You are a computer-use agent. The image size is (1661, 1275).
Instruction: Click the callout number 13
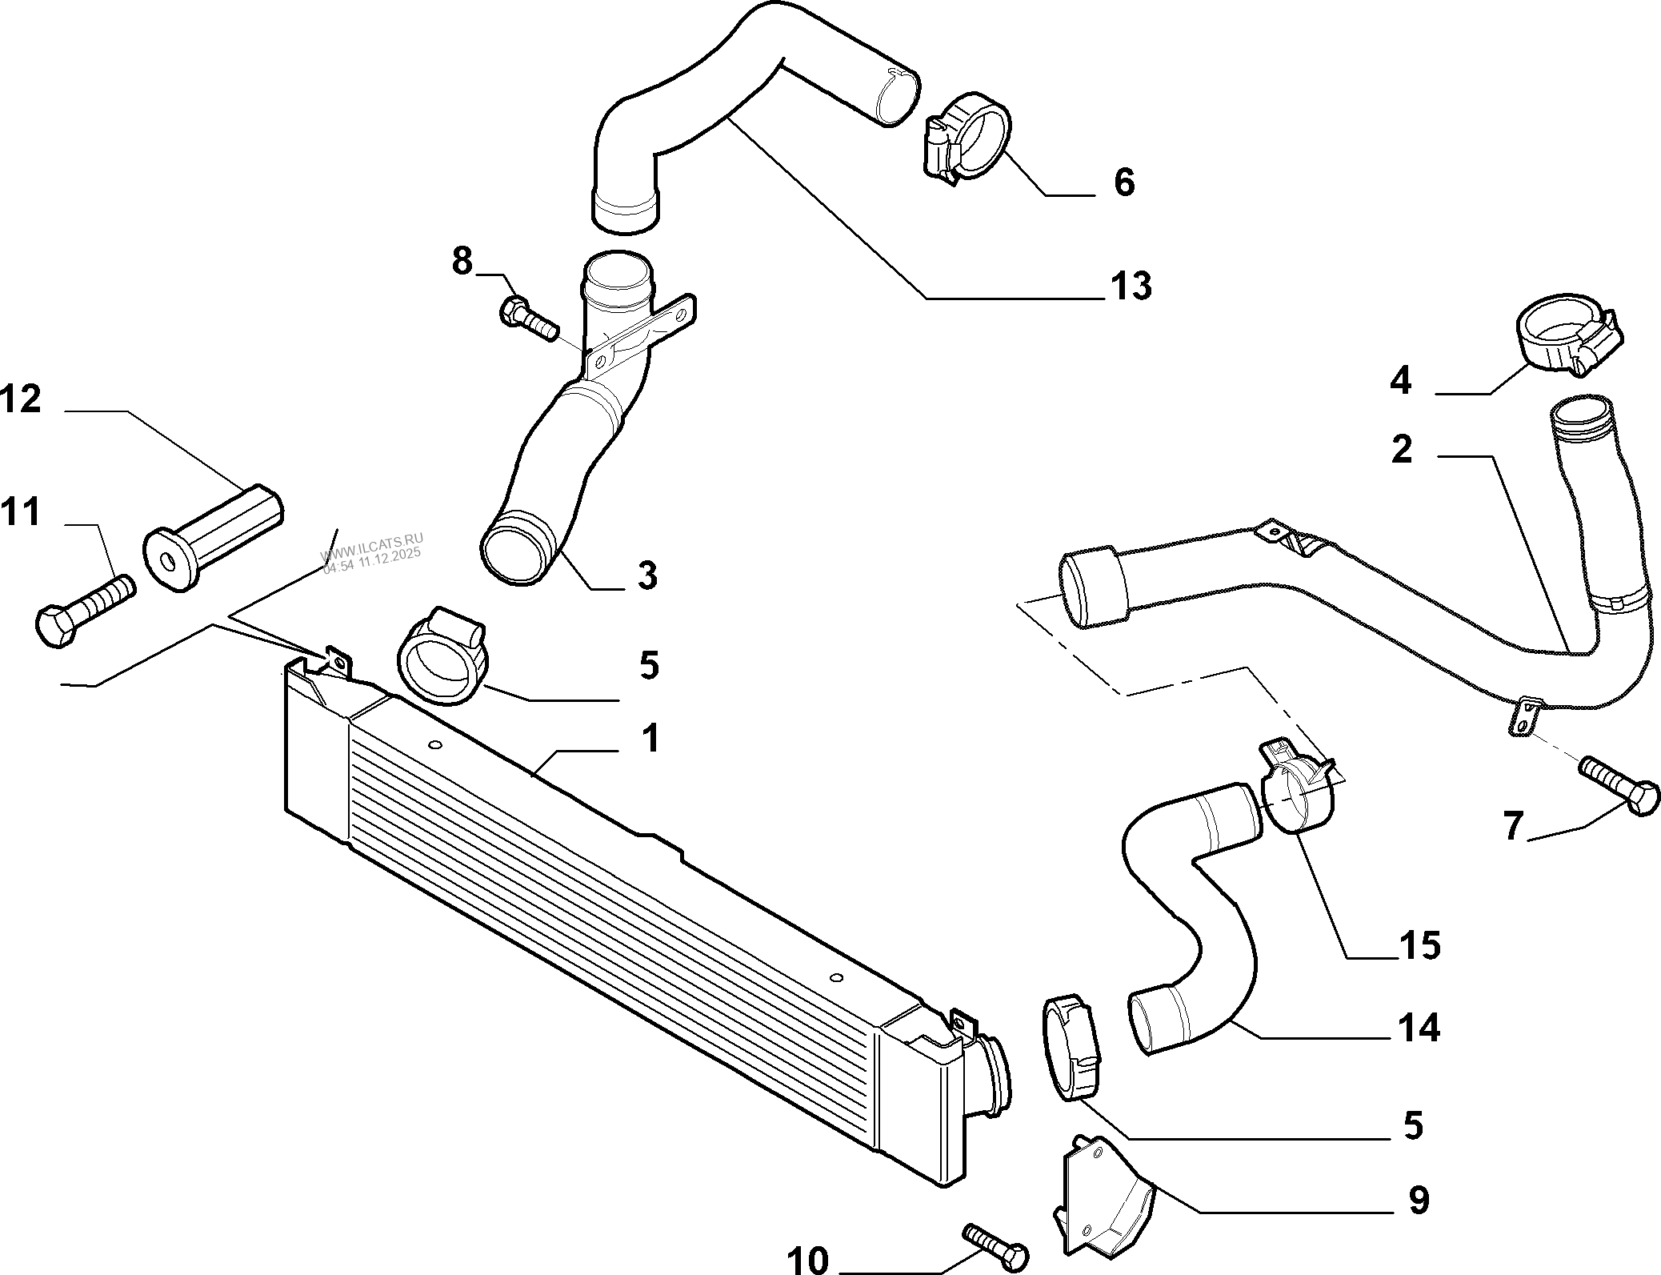point(1131,285)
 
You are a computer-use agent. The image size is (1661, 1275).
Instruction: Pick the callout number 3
point(646,575)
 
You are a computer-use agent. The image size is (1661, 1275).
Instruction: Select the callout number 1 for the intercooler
point(650,738)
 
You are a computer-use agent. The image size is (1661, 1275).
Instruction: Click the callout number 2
point(1401,451)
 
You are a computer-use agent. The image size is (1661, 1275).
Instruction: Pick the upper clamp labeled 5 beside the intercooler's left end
point(442,663)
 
